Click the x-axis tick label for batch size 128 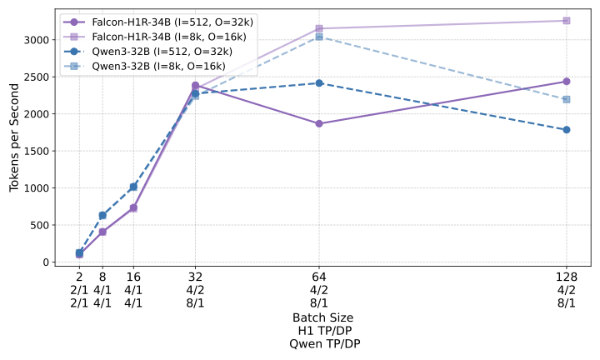567,277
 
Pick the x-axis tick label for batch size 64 319,277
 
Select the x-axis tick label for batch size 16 133,277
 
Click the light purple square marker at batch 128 567,20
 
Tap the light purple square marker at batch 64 319,28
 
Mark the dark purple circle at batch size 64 319,123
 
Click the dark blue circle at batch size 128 567,129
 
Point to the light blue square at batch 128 567,99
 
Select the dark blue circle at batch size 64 319,83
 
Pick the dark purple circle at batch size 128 567,81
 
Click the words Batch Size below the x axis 322,317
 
